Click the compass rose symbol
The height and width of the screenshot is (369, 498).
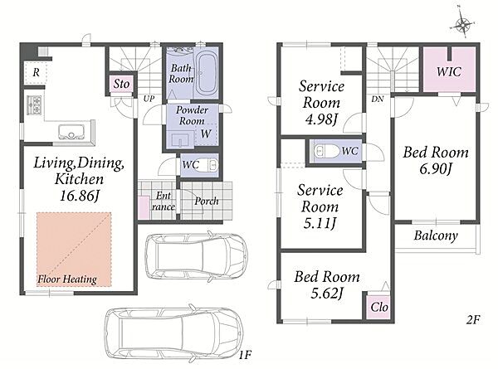point(463,24)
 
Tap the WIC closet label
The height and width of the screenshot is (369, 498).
point(449,71)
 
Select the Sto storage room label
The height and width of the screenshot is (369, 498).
point(121,84)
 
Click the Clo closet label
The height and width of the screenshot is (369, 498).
point(379,307)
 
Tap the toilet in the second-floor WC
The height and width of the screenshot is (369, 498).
point(326,152)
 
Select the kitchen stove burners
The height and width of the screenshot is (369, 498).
point(34,104)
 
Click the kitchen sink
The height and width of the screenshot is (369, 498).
point(71,132)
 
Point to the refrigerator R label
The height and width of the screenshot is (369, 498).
point(36,73)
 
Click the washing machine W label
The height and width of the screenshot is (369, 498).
point(206,134)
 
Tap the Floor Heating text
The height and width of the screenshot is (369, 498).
point(67,279)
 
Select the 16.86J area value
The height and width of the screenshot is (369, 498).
point(80,196)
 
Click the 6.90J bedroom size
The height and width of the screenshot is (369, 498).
point(436,169)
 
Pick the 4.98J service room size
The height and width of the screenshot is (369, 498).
point(320,119)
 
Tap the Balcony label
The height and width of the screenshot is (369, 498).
point(436,235)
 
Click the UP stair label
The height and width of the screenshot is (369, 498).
point(149,99)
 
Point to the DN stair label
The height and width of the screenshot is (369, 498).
point(378,99)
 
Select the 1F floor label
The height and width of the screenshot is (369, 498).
point(245,355)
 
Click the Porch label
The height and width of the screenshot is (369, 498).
point(207,201)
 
